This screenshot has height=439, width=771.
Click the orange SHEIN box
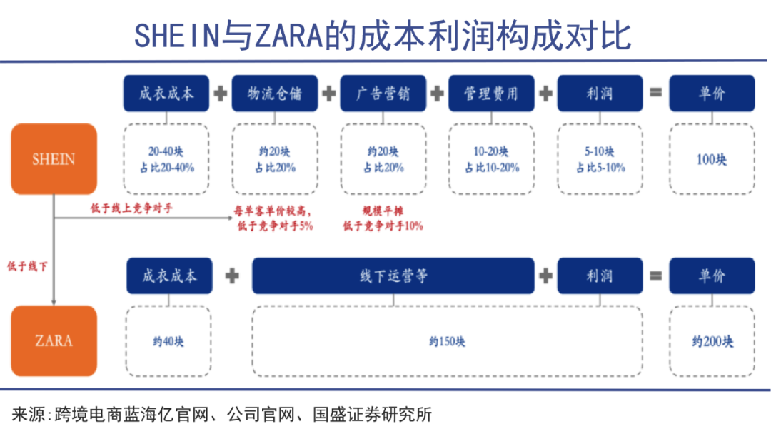tap(54, 158)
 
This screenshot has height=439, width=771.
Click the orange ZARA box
tap(54, 340)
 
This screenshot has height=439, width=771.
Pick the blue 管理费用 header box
tap(491, 94)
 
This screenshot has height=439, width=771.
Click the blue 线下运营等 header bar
tap(393, 276)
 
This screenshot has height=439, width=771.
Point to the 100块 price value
tap(712, 159)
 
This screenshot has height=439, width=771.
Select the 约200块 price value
tap(712, 342)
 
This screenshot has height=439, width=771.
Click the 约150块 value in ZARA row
tap(448, 342)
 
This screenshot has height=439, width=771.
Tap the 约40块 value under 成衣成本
tap(168, 342)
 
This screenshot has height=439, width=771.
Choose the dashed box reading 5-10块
tap(600, 159)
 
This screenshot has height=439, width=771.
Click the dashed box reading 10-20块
tap(491, 159)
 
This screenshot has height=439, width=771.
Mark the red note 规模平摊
tap(383, 211)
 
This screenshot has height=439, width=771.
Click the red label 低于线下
tap(26, 266)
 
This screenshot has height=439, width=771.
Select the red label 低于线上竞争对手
tap(131, 208)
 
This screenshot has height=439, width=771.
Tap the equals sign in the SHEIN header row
tap(655, 93)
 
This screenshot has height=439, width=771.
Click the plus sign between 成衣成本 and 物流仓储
tap(221, 94)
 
